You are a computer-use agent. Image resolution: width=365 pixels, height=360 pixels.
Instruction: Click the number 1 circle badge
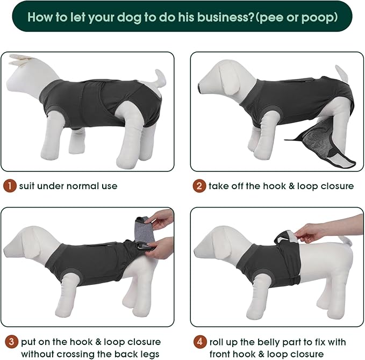click(x=10, y=186)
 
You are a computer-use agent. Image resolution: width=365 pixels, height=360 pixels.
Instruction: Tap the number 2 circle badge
click(x=199, y=186)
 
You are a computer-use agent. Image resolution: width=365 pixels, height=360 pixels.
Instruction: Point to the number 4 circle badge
click(x=199, y=341)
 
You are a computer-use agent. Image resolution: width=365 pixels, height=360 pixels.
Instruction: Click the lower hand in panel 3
click(x=161, y=247)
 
